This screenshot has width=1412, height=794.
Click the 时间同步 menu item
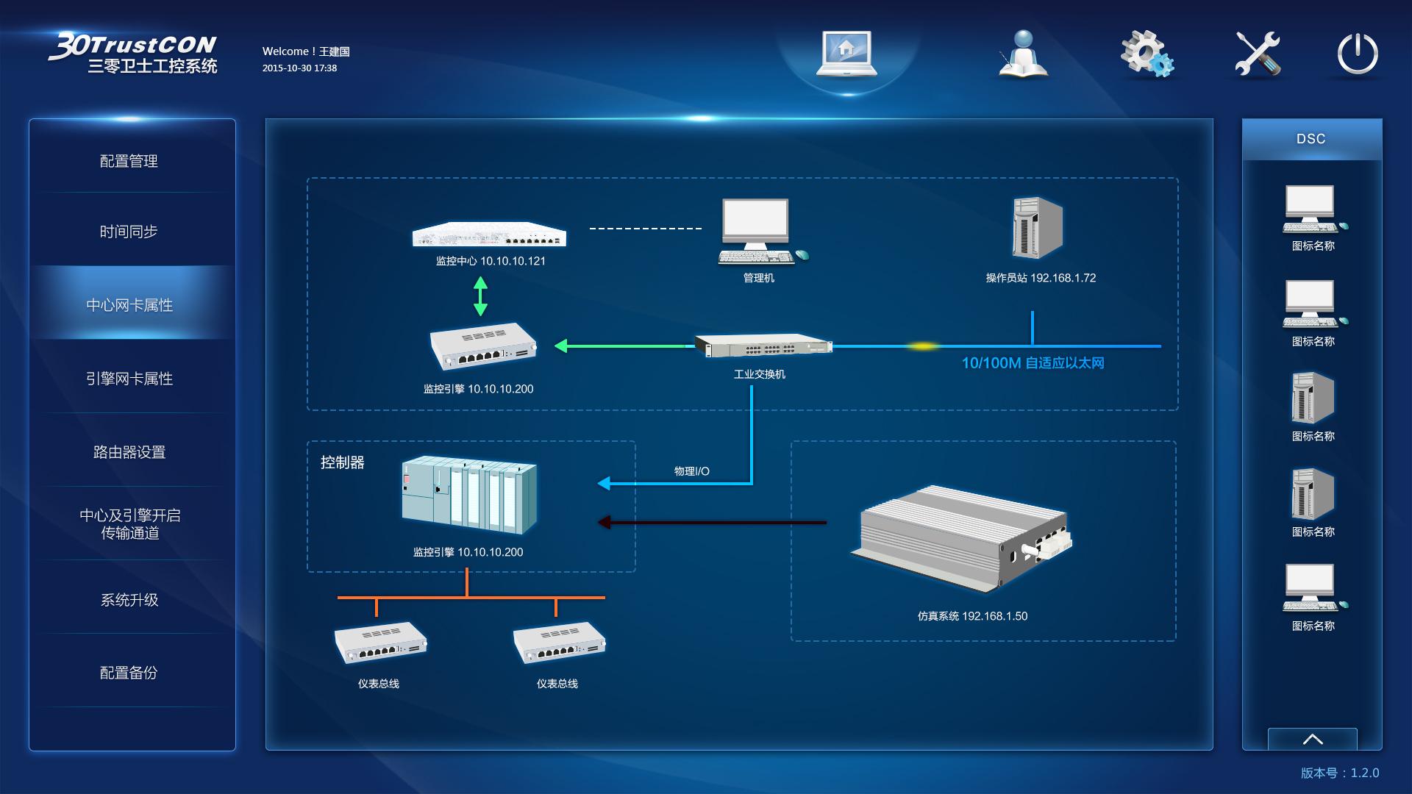(129, 232)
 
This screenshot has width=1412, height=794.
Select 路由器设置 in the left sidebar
(129, 452)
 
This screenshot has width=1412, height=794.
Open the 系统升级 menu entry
(129, 600)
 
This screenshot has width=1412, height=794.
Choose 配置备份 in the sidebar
(129, 673)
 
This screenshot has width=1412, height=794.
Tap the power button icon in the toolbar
(1357, 53)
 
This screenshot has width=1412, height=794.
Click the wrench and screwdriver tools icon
(1257, 53)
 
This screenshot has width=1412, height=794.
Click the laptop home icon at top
(846, 53)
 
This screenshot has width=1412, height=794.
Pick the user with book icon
(1023, 54)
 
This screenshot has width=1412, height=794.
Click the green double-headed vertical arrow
(480, 296)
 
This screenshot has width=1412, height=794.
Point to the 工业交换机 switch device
(763, 346)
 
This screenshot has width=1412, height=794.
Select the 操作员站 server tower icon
(1037, 228)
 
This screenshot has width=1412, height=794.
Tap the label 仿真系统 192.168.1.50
(972, 616)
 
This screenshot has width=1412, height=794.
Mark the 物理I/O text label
(691, 471)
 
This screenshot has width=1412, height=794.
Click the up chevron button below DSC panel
(1313, 739)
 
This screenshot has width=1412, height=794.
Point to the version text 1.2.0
(1364, 773)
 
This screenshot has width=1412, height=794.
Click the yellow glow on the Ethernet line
(921, 346)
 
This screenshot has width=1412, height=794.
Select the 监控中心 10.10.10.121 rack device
(490, 235)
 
